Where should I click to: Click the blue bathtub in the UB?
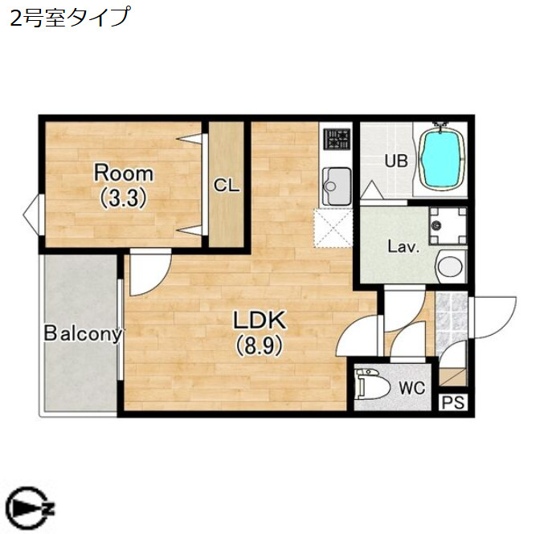[x=442, y=159]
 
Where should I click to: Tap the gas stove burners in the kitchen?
[x=337, y=139]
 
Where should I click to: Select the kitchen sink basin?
[x=337, y=185]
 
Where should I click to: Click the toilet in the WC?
[x=372, y=385]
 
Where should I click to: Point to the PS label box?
[x=453, y=402]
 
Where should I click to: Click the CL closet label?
[x=226, y=185]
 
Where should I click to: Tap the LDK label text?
[x=260, y=320]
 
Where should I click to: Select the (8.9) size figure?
[x=260, y=346]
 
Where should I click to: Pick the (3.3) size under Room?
[x=124, y=198]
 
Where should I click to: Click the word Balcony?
[x=83, y=333]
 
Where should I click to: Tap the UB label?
[x=396, y=161]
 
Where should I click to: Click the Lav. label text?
[x=403, y=247]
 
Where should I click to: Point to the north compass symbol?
[x=29, y=508]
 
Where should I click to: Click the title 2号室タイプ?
[x=70, y=17]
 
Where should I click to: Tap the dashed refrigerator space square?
[x=333, y=228]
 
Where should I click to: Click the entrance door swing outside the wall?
[x=495, y=317]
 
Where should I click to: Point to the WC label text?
[x=412, y=389]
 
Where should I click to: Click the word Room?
[x=124, y=173]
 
